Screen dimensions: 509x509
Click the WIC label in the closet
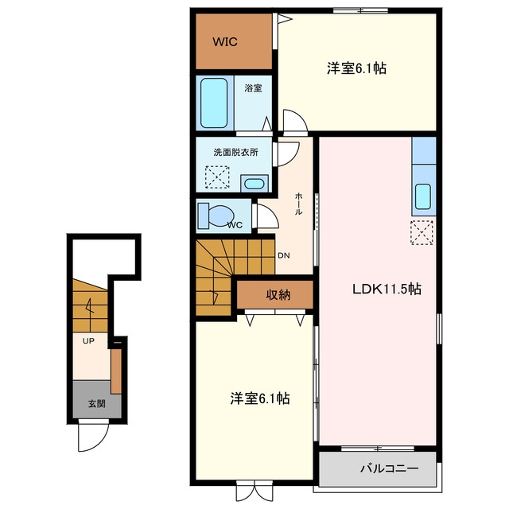coord(225,42)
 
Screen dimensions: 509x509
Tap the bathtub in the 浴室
coord(214,103)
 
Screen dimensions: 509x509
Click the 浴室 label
coord(253,88)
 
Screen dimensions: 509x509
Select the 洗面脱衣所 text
coord(236,152)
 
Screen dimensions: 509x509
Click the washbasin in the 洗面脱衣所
coord(254,184)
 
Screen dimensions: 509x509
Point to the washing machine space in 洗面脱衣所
coord(217,177)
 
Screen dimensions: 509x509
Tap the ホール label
coord(299,204)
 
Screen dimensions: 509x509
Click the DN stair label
coord(284,255)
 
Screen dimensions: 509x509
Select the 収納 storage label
coord(278,295)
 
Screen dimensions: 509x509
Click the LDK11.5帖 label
coord(387,289)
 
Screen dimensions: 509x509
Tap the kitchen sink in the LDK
coord(423,196)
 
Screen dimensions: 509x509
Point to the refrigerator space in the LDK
coord(422,232)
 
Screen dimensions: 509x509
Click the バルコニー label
coord(390,468)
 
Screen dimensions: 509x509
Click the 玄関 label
coord(97,404)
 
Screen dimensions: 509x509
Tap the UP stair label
coord(88,341)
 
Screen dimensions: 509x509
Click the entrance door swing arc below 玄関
coord(100,442)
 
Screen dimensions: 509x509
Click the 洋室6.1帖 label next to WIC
coord(356,68)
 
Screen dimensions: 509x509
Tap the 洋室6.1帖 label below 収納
coord(260,398)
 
